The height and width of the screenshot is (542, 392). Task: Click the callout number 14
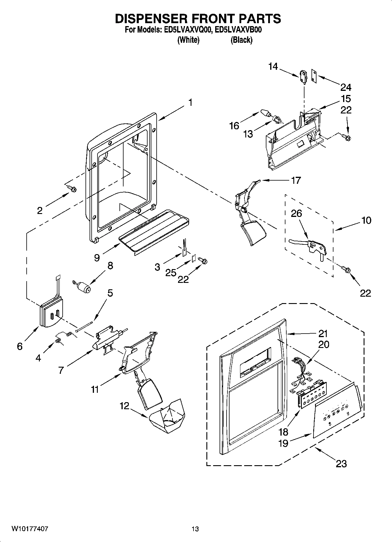tap(273, 67)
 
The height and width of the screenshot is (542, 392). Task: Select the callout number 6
tap(20, 346)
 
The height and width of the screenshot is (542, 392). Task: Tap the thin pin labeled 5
tap(84, 326)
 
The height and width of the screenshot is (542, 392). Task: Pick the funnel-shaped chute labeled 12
tap(166, 416)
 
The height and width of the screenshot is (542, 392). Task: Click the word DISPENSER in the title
tap(150, 19)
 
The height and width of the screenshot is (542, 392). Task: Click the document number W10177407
tap(30, 529)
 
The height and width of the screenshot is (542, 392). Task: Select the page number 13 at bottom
tap(195, 529)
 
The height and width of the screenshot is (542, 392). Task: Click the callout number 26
tap(296, 213)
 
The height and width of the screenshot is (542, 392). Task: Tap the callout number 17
tap(295, 180)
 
